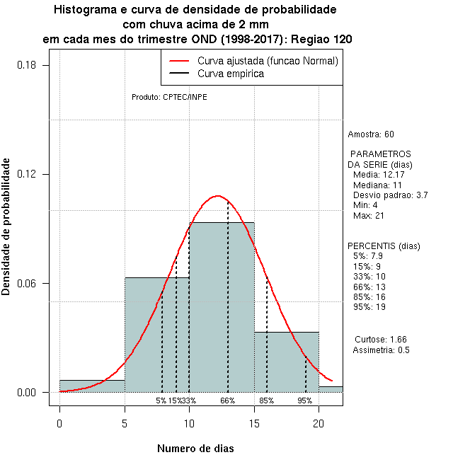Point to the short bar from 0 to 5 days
click(92, 386)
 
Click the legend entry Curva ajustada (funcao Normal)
click(268, 62)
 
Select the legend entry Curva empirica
click(231, 74)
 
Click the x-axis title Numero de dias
click(195, 449)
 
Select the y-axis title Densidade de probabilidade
click(7, 227)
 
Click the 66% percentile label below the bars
click(227, 400)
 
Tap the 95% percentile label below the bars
click(305, 400)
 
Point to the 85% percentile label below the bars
click(267, 400)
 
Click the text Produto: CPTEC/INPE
click(169, 97)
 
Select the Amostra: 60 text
click(371, 134)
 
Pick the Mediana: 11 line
click(377, 185)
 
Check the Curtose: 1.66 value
click(380, 340)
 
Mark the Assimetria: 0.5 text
click(381, 350)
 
